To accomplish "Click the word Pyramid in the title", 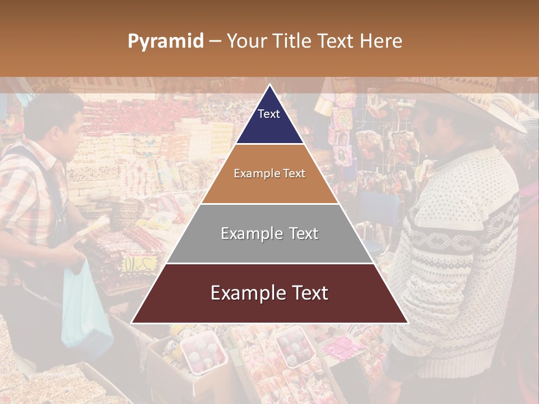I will tap(165, 42).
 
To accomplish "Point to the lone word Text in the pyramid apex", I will tap(268, 114).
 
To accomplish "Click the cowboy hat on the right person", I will tap(472, 101).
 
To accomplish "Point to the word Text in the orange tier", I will tap(294, 173).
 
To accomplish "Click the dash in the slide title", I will tap(214, 42).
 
